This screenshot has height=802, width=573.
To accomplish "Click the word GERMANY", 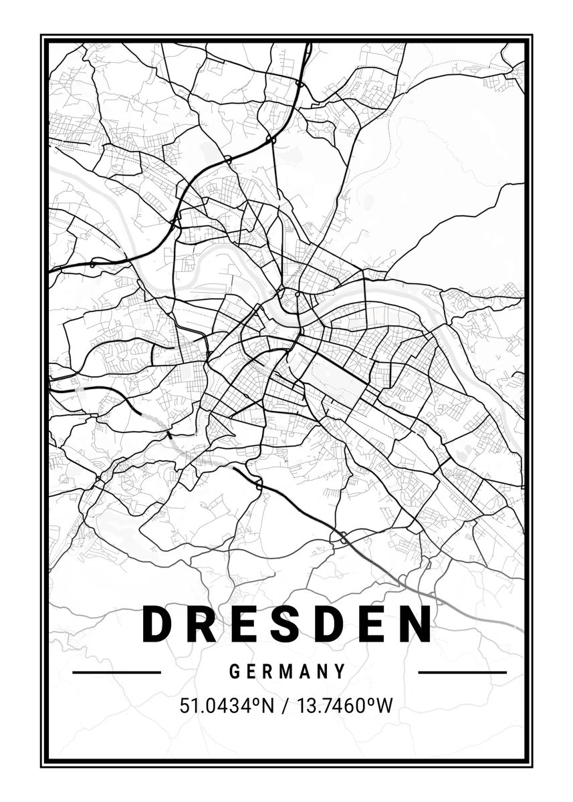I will (288, 671).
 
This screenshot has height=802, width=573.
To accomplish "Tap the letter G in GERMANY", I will (235, 671).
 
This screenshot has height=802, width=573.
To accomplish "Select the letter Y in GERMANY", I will (341, 671).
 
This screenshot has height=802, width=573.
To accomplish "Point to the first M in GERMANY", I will (288, 671).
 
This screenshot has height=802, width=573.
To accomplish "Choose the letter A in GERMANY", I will (306, 671).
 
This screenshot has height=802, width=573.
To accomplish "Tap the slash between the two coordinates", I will (285, 705).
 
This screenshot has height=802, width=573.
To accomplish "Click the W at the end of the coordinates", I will (383, 705).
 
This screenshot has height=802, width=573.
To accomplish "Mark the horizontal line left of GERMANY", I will (116, 672).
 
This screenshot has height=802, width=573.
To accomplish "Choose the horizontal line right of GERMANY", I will (462, 672).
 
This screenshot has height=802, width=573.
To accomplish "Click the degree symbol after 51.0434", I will (255, 700).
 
